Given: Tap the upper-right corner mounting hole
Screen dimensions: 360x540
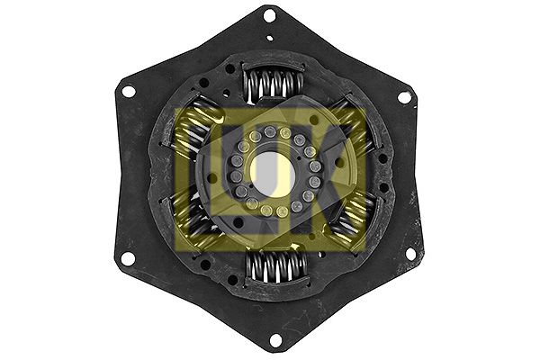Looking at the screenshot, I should coord(404,96).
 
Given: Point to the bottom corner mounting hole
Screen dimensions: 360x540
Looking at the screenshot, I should coord(274,340).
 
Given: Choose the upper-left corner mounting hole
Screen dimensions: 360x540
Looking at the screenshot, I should coord(128,91).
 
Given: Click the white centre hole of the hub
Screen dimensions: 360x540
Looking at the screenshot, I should coord(270,173).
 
